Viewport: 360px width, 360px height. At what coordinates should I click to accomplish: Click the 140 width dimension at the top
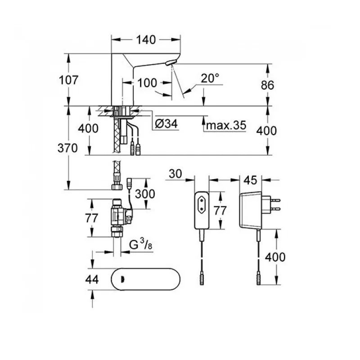point(146,40)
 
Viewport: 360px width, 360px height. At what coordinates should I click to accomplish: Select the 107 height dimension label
point(68,80)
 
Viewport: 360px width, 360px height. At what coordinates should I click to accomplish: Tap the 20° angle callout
point(210,78)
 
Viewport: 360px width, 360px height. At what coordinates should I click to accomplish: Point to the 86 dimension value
point(267,85)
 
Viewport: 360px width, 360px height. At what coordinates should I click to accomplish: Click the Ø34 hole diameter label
point(166,124)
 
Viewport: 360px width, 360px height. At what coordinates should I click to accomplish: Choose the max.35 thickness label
point(226,126)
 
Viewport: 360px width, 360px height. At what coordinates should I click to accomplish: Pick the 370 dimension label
point(67,148)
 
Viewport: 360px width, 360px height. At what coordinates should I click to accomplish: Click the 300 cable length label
point(145,194)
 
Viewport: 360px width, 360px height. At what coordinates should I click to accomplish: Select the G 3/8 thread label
point(140,244)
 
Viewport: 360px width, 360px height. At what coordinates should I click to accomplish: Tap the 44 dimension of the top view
point(92,279)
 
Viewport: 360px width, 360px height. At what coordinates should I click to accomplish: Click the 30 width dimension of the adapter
point(175,174)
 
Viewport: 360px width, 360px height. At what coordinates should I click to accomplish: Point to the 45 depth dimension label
point(250,180)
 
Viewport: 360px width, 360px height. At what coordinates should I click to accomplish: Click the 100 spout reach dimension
point(147,83)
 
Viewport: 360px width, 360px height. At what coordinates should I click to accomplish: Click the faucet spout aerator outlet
point(171,63)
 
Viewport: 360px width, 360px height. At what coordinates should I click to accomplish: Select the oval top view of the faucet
point(145,279)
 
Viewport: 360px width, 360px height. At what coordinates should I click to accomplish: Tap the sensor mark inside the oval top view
point(122,279)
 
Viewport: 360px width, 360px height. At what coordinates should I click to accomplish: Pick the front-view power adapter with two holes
point(202,210)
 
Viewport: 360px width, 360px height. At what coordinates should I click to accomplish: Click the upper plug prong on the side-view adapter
point(275,200)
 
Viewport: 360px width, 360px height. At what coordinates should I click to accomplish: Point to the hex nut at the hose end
point(117,186)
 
